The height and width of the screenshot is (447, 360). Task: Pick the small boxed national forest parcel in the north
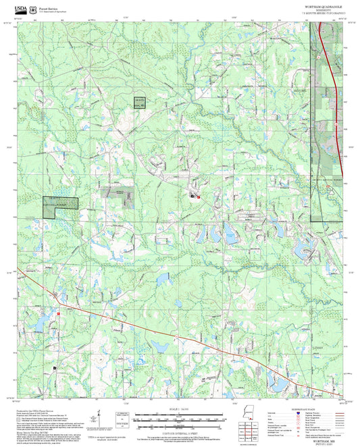[138, 103]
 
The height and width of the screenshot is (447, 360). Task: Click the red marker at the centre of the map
[197, 196]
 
